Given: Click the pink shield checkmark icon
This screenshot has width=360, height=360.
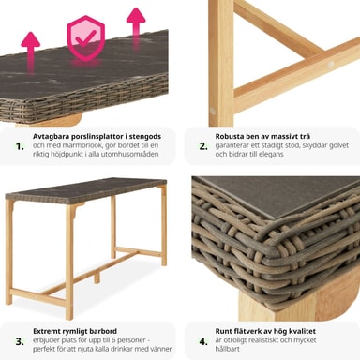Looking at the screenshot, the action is (86, 37).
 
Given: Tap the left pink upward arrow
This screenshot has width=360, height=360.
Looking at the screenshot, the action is (30, 52).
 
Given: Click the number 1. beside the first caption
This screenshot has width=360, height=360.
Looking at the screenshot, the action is (20, 146).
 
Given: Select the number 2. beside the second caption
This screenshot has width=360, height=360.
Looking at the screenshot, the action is (203, 146).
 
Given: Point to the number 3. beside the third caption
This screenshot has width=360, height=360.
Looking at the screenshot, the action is (20, 341).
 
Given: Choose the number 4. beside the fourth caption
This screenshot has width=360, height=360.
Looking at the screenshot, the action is (203, 341).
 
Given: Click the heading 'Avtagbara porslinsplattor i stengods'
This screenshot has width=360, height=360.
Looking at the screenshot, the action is (97, 137).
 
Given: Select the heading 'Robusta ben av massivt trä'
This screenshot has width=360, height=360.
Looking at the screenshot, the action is (262, 136).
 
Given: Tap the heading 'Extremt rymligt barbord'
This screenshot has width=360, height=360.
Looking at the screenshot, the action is (75, 331).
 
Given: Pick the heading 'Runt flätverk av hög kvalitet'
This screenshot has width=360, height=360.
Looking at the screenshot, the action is (265, 331).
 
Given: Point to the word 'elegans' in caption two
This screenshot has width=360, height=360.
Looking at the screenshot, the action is (271, 154).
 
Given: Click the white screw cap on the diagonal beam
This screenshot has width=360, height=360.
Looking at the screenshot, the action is (330, 65).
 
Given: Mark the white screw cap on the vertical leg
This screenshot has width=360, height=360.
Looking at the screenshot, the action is (213, 111).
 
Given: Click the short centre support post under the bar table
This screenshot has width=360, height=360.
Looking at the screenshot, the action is (97, 277).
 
